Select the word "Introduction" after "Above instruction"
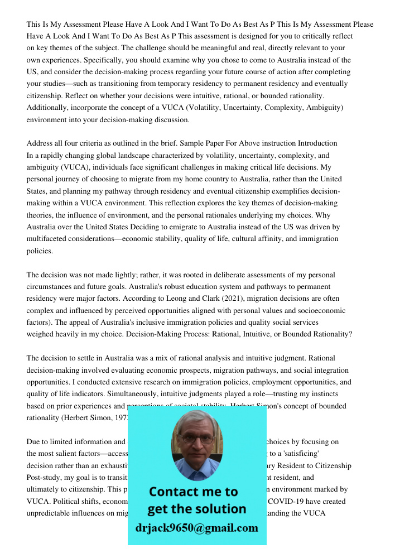pos(317,143)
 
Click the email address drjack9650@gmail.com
pos(196,528)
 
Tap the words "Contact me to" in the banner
pos(193,492)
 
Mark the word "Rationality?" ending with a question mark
pos(331,334)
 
